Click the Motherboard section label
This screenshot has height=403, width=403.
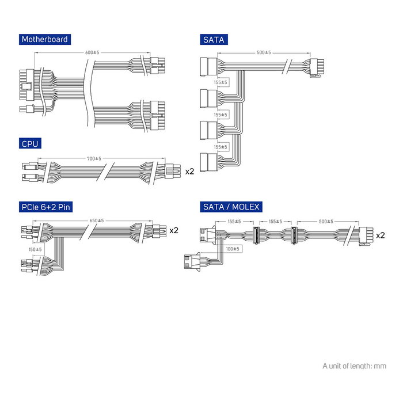[44, 40]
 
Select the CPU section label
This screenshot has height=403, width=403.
[29, 143]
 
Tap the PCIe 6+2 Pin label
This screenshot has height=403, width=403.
[46, 207]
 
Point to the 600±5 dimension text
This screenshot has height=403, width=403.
[92, 52]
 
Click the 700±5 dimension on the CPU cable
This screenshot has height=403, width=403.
[94, 158]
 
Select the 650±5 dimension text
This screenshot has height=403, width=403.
[97, 220]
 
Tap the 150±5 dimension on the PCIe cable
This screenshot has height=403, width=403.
[34, 249]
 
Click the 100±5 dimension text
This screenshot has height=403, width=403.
[232, 249]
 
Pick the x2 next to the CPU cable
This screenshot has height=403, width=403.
[189, 171]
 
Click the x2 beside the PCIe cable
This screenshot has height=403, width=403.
[173, 231]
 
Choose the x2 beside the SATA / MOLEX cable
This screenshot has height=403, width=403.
[380, 235]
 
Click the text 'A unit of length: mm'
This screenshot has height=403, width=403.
[354, 366]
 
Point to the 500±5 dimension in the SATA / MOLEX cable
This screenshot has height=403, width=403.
[325, 220]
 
